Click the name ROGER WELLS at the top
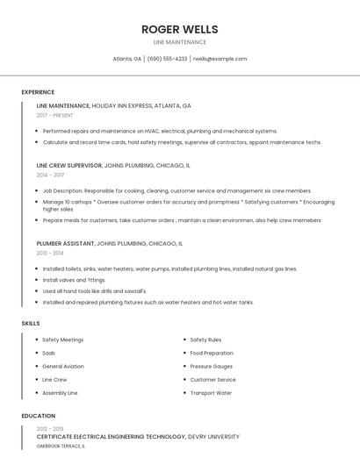179,29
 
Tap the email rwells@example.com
220,59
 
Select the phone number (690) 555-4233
167,59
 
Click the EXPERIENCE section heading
38,92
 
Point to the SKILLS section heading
31,324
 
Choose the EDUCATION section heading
39,416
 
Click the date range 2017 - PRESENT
56,115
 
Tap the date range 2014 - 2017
50,175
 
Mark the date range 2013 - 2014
50,253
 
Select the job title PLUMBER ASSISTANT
65,243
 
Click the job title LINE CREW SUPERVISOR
68,165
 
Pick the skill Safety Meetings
62,340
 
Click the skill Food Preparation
212,353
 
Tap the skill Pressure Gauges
211,366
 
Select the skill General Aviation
63,366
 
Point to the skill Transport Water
211,393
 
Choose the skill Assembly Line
60,393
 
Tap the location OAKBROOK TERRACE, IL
61,446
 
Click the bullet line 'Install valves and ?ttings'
74,280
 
